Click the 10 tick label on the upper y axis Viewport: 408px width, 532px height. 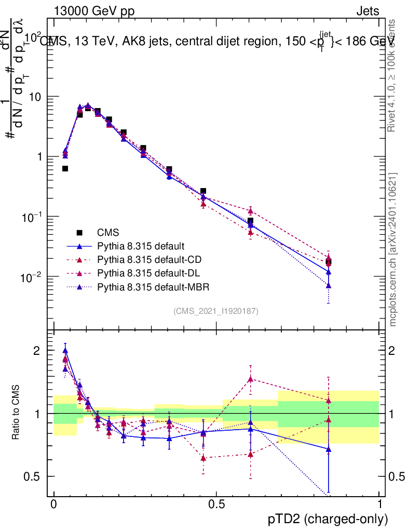point(36,97)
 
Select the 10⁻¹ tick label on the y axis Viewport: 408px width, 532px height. point(32,216)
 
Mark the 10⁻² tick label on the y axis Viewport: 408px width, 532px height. point(32,276)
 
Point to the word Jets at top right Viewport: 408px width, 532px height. point(367,11)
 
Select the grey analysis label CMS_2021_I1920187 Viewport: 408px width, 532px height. point(216,311)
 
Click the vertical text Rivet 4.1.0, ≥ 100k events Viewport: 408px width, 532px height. point(392,75)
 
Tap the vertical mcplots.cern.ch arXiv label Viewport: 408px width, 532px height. point(393,249)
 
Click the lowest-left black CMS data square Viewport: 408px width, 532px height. point(65,168)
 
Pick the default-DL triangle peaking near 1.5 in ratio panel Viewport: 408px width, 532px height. point(250,379)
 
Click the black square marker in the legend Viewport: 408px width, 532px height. point(79,233)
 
